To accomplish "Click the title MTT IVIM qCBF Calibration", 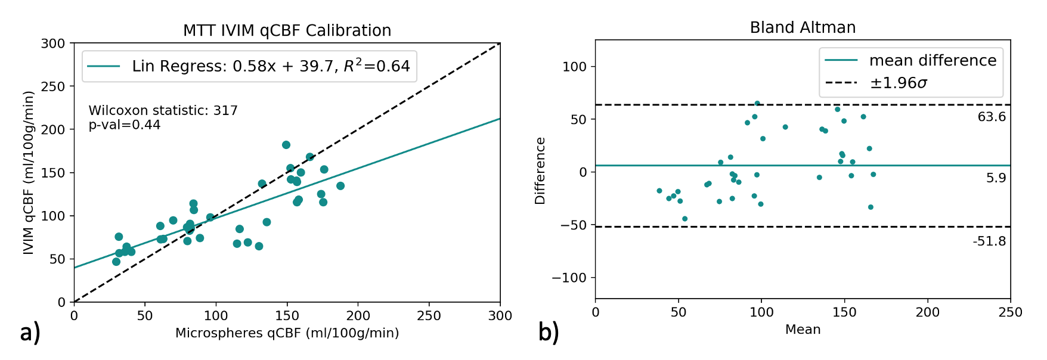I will [x=287, y=30].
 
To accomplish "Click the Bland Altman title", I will [x=803, y=27].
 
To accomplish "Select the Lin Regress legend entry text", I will [x=271, y=66].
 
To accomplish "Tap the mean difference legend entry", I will [x=933, y=60].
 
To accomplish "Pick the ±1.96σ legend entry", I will [x=899, y=83].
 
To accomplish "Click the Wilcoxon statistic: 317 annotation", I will [x=163, y=110].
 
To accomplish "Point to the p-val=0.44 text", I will [x=125, y=125].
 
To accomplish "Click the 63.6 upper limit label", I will [x=991, y=117].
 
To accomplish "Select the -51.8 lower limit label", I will [x=989, y=241].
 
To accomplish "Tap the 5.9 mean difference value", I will [x=996, y=178].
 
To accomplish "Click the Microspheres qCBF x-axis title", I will [x=287, y=333].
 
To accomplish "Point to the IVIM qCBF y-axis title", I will [x=28, y=173].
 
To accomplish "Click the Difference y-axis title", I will [x=540, y=171].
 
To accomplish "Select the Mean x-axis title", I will [x=803, y=330].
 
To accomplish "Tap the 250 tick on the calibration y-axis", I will [x=53, y=86].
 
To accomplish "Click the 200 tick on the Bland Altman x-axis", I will [x=927, y=312].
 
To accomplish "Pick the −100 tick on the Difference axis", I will [x=570, y=278].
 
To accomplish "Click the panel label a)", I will [x=30, y=333].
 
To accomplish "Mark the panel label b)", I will [x=549, y=333].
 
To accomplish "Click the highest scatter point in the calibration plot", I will [x=286, y=145].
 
